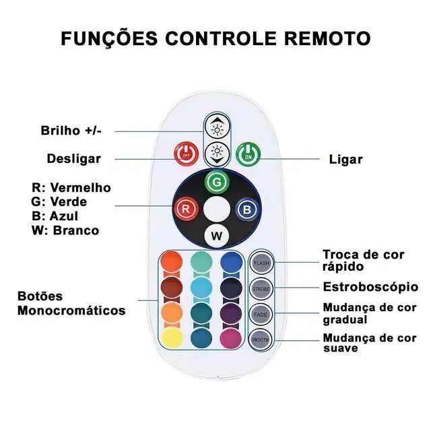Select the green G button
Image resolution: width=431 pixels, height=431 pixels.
pyautogui.click(x=215, y=181)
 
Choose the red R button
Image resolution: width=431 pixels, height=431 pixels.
pyautogui.click(x=185, y=208)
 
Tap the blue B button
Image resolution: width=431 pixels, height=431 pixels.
pyautogui.click(x=246, y=209)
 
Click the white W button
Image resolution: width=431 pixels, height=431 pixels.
pyautogui.click(x=215, y=235)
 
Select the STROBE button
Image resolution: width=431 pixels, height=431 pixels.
pyautogui.click(x=261, y=288)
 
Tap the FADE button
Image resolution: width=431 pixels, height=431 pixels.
pyautogui.click(x=261, y=314)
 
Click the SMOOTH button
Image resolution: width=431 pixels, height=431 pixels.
pyautogui.click(x=261, y=339)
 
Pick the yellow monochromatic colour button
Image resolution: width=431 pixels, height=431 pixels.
pyautogui.click(x=172, y=337)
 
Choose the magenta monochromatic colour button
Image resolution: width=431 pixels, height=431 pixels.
pyautogui.click(x=231, y=337)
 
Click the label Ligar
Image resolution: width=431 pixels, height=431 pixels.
pyautogui.click(x=345, y=160)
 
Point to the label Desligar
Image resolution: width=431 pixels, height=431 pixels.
pyautogui.click(x=74, y=159)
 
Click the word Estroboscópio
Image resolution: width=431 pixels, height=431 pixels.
pyautogui.click(x=370, y=287)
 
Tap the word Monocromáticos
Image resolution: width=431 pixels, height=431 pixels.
pyautogui.click(x=71, y=310)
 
